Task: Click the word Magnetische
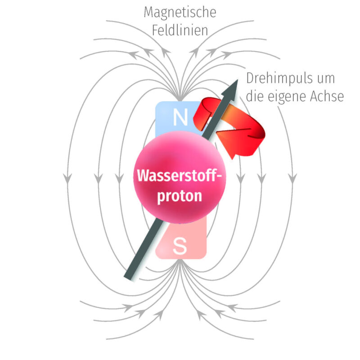[x=180, y=12]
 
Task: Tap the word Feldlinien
[x=180, y=31]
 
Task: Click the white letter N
[x=180, y=117]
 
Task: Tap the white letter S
[x=180, y=246]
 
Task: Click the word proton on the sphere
[x=180, y=196]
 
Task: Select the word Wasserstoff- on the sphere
[x=180, y=175]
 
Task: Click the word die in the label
[x=257, y=96]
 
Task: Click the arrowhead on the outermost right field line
[x=292, y=179]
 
